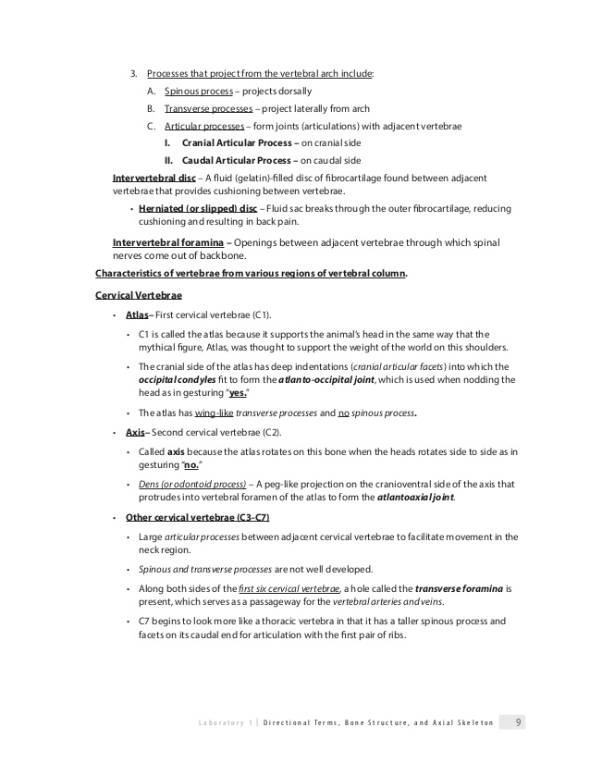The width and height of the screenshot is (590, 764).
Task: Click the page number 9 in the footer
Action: coord(519,722)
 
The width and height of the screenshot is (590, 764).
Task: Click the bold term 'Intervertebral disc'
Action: coord(154,177)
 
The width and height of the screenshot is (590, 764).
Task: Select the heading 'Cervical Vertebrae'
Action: coord(139,295)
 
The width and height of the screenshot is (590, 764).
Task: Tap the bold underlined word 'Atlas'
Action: coord(138,314)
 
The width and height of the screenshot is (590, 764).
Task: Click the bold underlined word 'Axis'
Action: coord(136,432)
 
